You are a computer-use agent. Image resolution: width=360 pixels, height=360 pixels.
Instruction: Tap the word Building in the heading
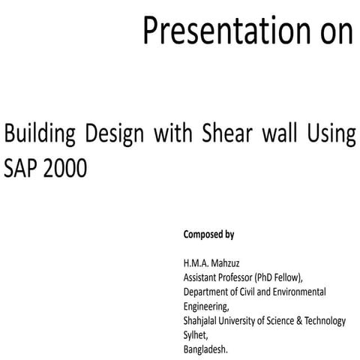click(41, 136)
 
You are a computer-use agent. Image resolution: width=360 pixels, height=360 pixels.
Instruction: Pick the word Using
click(329, 136)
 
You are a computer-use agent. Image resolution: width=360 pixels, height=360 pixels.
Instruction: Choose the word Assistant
click(201, 276)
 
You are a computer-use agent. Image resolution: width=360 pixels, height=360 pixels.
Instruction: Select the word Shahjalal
click(202, 320)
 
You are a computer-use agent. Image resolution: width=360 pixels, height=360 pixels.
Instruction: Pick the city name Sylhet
click(196, 334)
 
